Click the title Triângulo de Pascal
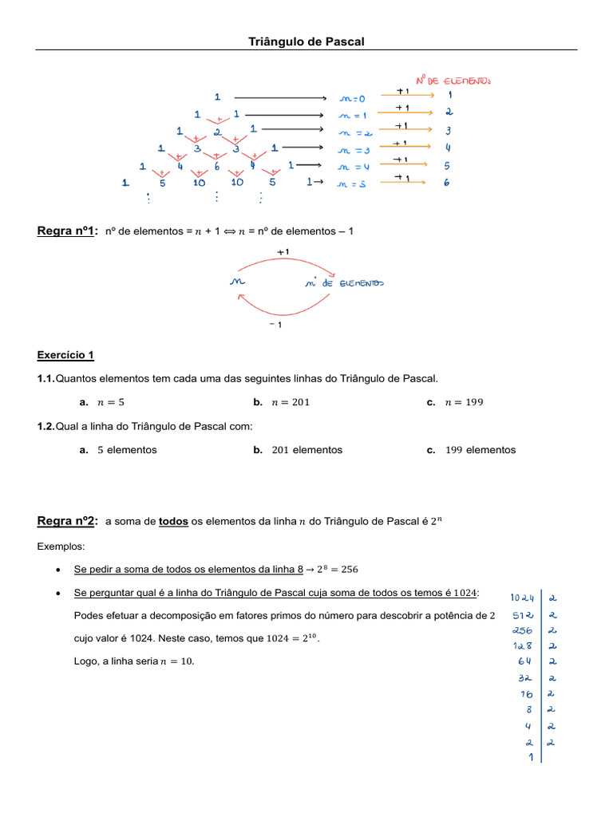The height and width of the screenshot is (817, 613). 306,41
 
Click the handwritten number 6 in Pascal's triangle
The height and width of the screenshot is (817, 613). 216,166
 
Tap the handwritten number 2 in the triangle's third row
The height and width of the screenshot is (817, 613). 216,132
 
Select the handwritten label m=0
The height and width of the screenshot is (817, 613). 351,99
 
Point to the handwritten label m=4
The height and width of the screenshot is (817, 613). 352,167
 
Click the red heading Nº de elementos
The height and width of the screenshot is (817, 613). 453,80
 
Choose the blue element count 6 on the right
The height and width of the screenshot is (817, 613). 447,183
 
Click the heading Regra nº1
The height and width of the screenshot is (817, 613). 67,231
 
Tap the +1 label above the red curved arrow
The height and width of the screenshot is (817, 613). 283,251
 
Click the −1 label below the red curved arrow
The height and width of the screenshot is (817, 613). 275,325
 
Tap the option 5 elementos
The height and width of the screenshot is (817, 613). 119,450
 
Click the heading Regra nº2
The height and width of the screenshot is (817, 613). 67,521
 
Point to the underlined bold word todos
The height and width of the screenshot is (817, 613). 173,522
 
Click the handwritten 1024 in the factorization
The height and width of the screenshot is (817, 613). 522,598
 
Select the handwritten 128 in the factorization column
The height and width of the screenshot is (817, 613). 523,645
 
